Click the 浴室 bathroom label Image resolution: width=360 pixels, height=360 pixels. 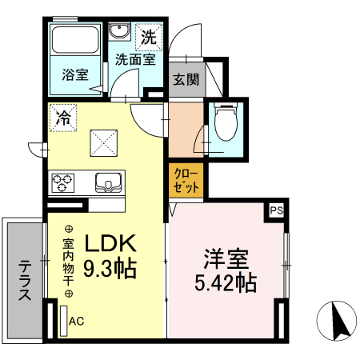point(76,75)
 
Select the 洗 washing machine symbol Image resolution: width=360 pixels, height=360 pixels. point(149,36)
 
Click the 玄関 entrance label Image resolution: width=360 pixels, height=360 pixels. point(183,80)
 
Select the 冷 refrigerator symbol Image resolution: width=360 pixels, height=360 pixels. point(62,118)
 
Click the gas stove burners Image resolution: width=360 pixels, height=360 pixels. point(64,183)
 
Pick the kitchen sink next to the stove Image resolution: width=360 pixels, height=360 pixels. point(107,182)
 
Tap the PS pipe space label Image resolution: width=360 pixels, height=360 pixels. point(276,210)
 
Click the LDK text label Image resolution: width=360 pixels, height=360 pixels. point(119,242)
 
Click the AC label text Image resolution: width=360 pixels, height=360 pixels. point(77,322)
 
